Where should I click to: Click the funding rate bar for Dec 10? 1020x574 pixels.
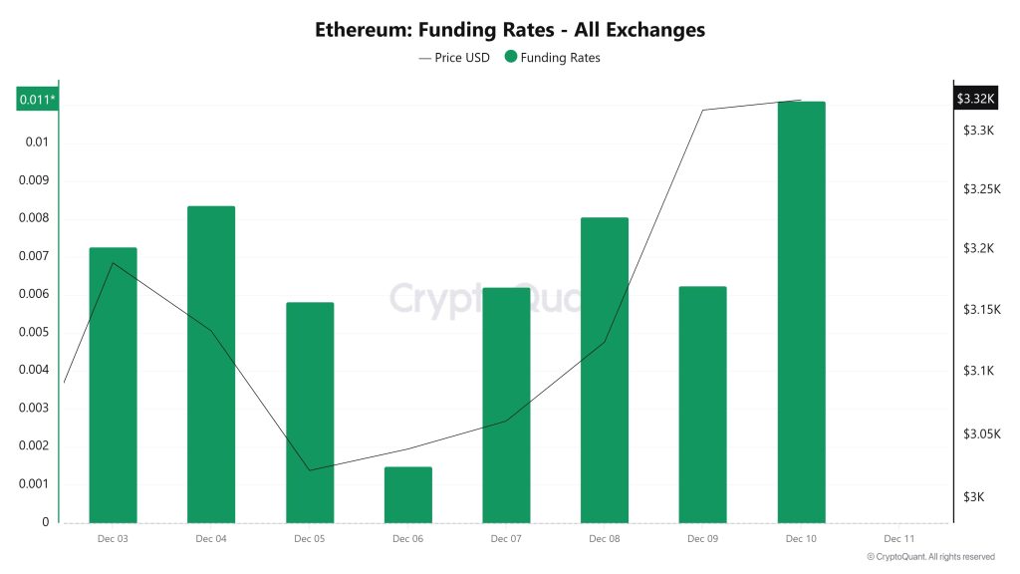tap(801, 311)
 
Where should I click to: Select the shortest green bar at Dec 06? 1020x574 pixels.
tap(407, 494)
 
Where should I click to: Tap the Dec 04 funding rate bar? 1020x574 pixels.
tap(211, 364)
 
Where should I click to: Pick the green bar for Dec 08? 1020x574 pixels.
tap(604, 370)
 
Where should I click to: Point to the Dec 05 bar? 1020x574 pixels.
tap(310, 412)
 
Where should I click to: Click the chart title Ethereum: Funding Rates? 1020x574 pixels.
tap(510, 30)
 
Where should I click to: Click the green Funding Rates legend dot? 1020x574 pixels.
tap(511, 58)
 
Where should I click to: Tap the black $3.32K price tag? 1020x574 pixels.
tap(975, 98)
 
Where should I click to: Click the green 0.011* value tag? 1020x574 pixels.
tap(38, 99)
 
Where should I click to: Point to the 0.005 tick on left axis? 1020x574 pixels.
tap(37, 332)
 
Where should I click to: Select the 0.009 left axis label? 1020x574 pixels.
tap(37, 180)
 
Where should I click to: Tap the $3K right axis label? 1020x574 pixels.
tap(974, 497)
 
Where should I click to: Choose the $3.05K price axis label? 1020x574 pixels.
tap(982, 434)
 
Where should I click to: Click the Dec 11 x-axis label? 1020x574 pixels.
tap(898, 539)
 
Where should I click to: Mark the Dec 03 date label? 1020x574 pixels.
tap(113, 539)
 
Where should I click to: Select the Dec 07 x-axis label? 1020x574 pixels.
tap(506, 539)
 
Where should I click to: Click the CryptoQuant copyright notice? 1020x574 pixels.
tap(930, 557)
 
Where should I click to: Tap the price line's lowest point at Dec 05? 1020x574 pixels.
tap(310, 469)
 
